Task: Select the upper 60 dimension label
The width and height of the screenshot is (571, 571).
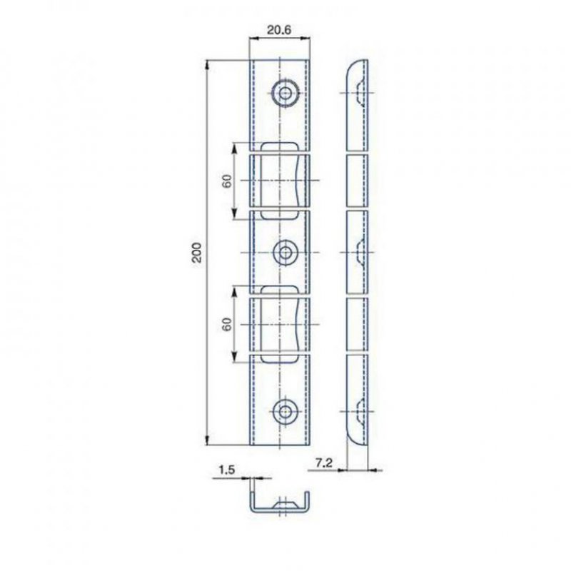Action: click(226, 181)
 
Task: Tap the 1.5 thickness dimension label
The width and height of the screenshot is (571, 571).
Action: click(226, 470)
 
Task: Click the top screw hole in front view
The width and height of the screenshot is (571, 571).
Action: click(285, 92)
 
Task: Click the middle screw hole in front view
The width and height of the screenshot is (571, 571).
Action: click(285, 252)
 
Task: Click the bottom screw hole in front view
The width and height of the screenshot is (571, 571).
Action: click(285, 411)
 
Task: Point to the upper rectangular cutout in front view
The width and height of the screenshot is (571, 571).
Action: click(280, 180)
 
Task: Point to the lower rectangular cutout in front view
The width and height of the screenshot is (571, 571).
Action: click(280, 323)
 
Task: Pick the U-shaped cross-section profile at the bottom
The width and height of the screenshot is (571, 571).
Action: click(280, 502)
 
